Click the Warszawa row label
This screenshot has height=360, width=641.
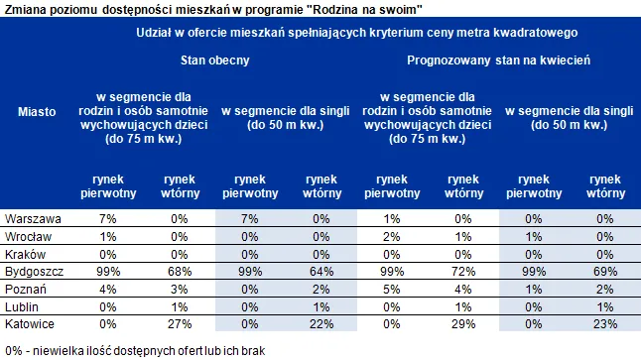[34, 217]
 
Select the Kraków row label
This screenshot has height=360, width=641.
[28, 253]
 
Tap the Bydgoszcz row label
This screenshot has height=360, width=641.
[35, 271]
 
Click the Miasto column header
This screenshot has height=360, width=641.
[37, 112]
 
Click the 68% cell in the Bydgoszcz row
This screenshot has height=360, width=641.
[179, 271]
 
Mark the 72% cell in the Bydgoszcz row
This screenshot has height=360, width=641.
[463, 271]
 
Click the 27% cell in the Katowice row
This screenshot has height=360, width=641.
[179, 324]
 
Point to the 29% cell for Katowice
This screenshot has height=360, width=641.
[463, 324]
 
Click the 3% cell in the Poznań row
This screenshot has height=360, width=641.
[179, 289]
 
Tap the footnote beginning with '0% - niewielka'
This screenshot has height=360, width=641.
[123, 350]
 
